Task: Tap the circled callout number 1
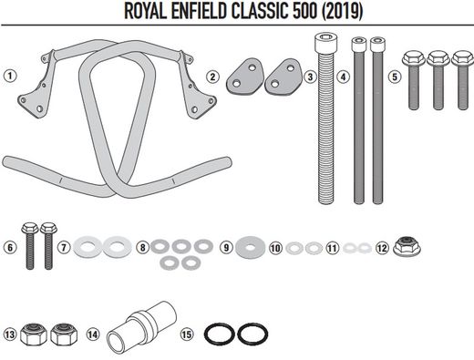[10, 76]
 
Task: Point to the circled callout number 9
[224, 247]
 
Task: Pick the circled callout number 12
[382, 247]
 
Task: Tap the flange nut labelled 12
[404, 247]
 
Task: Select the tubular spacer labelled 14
[141, 324]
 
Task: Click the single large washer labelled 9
[246, 247]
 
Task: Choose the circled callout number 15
[187, 334]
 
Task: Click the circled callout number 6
[10, 247]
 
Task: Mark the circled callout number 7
[63, 247]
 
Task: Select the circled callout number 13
[10, 334]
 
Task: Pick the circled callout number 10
[274, 247]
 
